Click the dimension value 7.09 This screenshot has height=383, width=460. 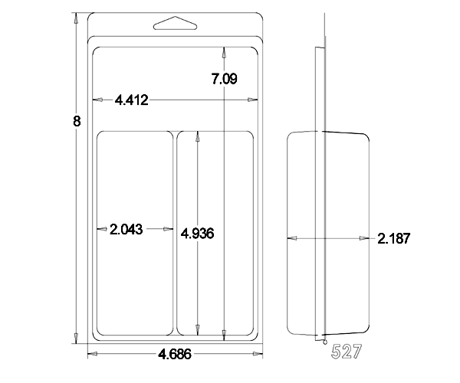coord(224,79)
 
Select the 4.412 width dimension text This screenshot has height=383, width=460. coord(131,100)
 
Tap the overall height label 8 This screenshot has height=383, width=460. coord(77,121)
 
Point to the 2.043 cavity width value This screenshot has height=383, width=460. coord(127,229)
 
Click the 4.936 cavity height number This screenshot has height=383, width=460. coord(197,234)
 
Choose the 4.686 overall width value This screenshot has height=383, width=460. coord(175,355)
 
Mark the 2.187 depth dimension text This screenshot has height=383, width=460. coord(393,238)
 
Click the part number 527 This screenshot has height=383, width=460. coord(347,352)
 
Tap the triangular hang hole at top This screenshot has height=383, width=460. coord(175,23)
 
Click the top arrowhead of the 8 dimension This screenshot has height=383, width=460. coord(76,18)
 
